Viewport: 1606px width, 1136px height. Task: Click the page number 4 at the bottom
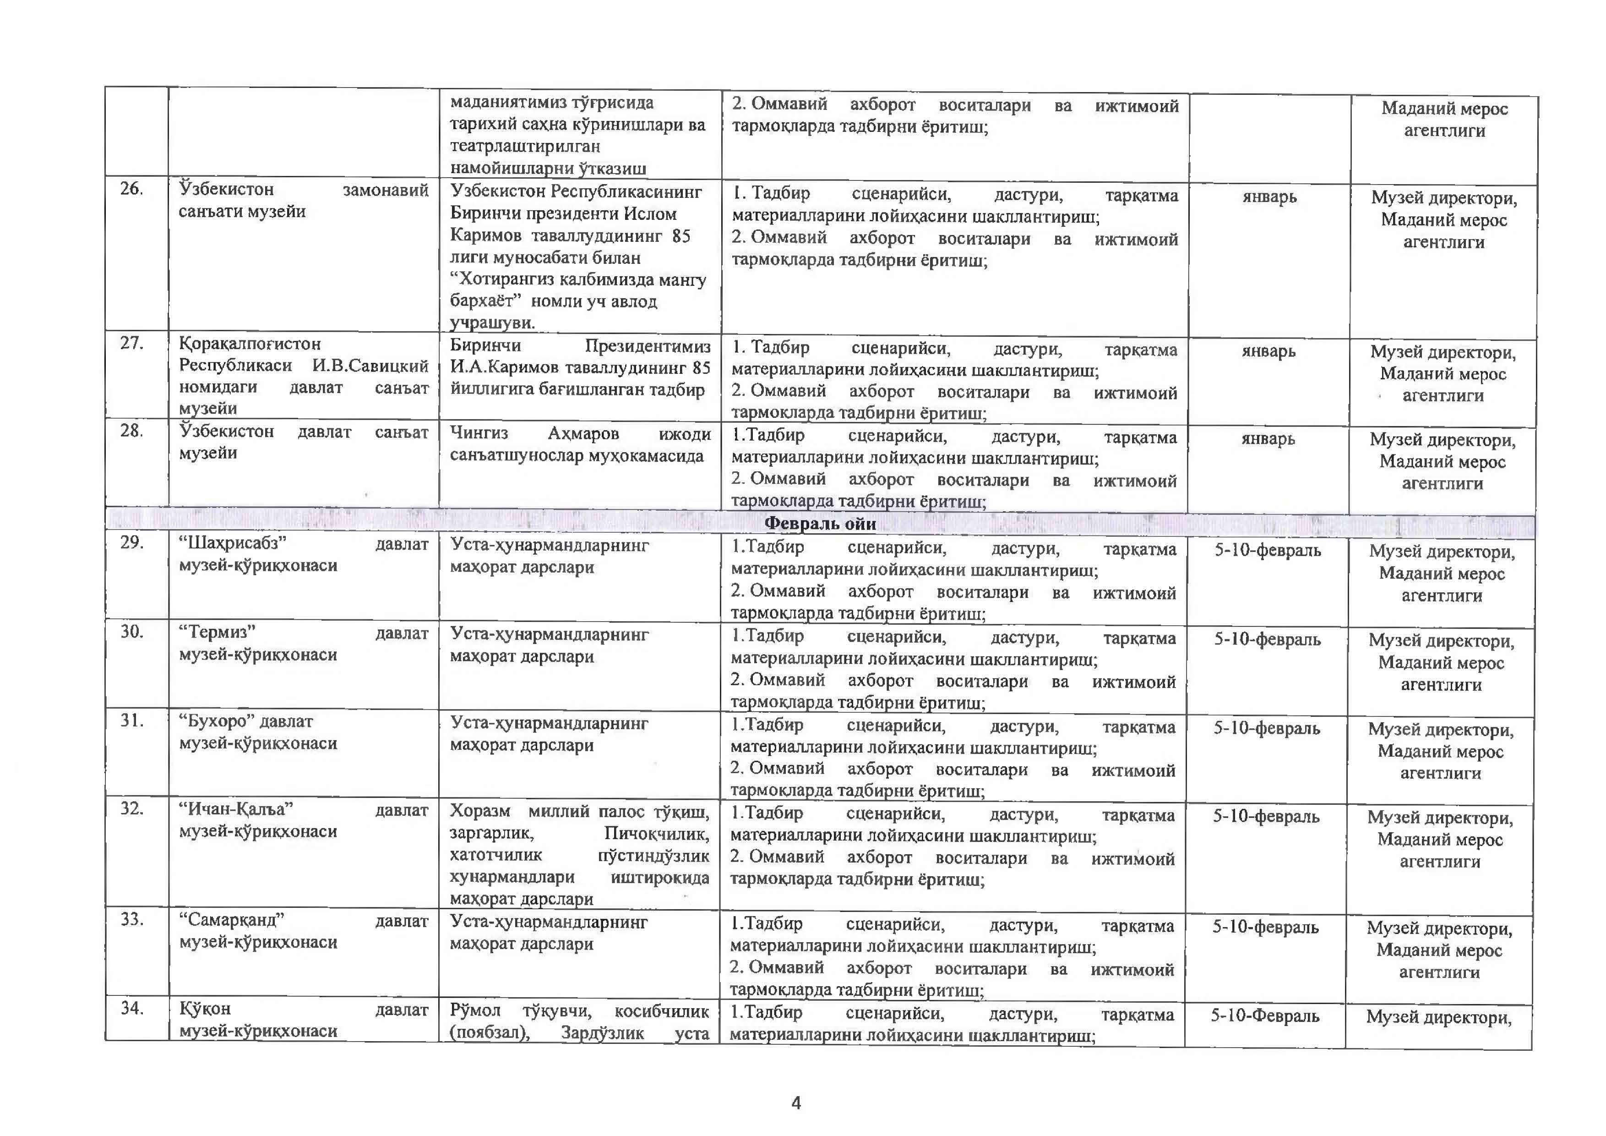[796, 1103]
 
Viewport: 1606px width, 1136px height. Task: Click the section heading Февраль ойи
[820, 523]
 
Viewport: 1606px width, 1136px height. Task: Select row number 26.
[131, 189]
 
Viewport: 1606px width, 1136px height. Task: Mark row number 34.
[131, 1008]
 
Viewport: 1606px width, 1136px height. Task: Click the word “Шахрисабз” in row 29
[233, 544]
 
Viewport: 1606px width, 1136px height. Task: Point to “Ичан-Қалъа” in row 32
[236, 809]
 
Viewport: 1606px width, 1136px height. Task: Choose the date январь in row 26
[1269, 197]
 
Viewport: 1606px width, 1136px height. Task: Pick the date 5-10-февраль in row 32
[1266, 816]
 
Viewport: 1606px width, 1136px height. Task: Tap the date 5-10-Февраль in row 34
[1265, 1016]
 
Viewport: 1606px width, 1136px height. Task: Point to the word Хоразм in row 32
[480, 811]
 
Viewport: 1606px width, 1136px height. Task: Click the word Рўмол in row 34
[476, 1011]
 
